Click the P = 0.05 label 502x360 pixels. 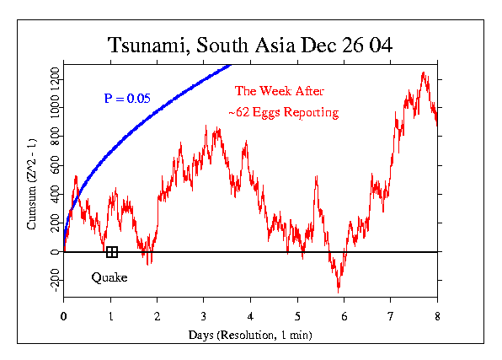click(x=127, y=99)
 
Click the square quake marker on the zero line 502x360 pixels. click(x=111, y=251)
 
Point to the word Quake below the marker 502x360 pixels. click(x=109, y=277)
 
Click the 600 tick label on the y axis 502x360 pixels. click(x=53, y=166)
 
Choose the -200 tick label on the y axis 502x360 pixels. click(x=53, y=282)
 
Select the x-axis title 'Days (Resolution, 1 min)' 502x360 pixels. click(x=250, y=336)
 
